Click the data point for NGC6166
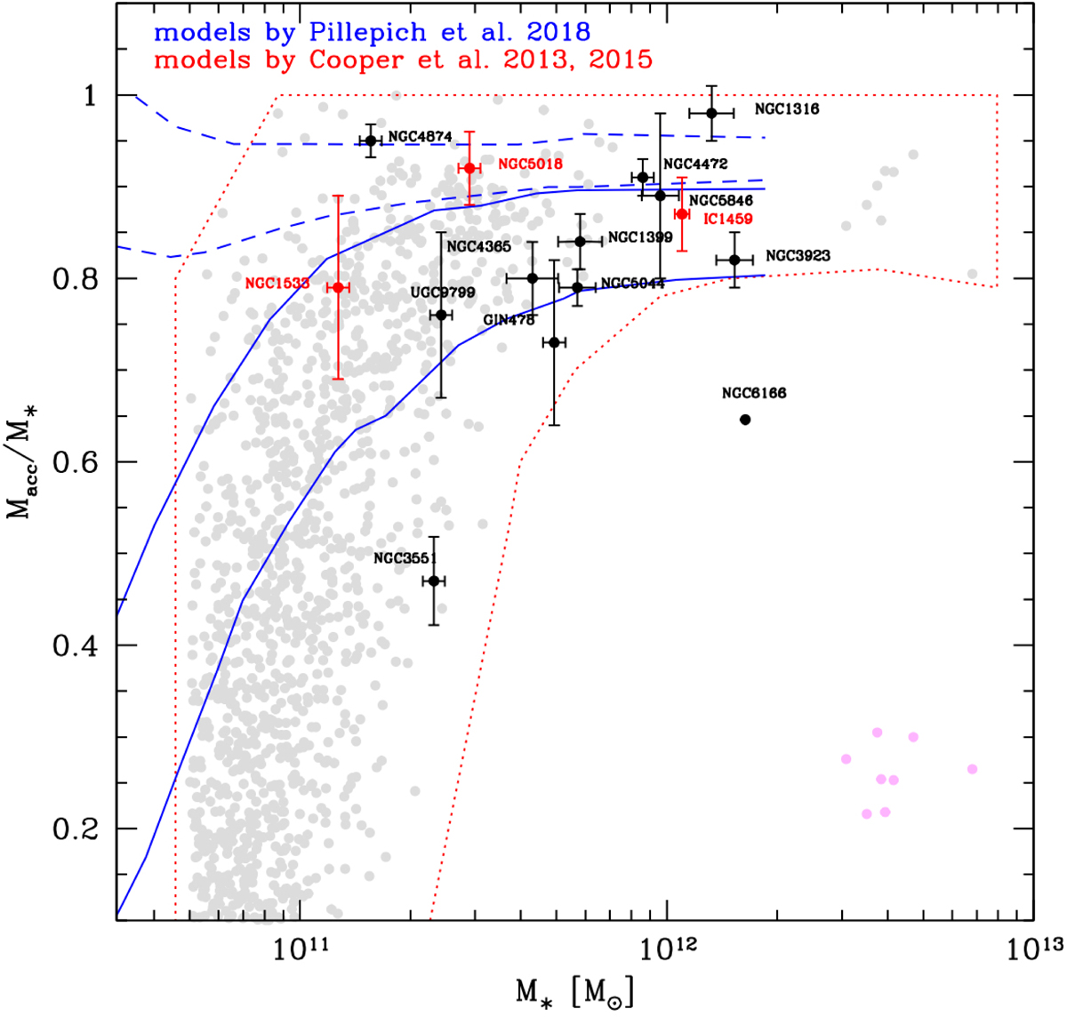click(745, 420)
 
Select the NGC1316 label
click(787, 109)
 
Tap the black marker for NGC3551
click(434, 581)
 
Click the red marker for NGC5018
click(469, 168)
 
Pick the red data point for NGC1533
click(338, 287)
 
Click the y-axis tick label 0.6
click(76, 462)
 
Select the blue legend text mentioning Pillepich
click(372, 33)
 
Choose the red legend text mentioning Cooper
click(403, 60)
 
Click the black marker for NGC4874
click(372, 140)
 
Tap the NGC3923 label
click(798, 256)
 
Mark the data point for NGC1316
click(711, 113)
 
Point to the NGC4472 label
click(695, 164)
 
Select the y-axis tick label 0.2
click(76, 829)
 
